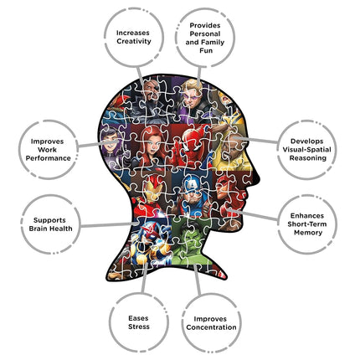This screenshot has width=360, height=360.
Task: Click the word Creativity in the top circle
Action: [134, 41]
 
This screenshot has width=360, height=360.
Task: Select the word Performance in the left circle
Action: [49, 158]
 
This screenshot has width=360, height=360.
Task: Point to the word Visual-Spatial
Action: [306, 150]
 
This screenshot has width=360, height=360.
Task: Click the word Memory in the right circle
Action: [308, 233]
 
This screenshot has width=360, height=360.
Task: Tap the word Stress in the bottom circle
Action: [139, 327]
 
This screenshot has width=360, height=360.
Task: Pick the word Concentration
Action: [211, 327]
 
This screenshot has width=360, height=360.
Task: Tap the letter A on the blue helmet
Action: [193, 184]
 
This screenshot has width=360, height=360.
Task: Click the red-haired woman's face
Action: [153, 146]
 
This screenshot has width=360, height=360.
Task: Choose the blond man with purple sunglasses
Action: [193, 95]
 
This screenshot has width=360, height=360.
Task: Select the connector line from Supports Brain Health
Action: [109, 224]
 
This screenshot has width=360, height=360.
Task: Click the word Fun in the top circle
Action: [206, 51]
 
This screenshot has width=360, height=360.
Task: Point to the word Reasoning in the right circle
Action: [308, 158]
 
